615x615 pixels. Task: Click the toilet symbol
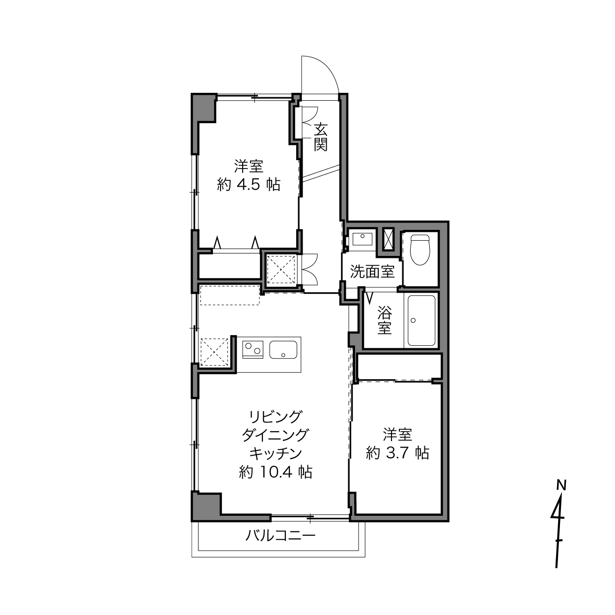tap(419, 250)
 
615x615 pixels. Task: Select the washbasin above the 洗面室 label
tap(363, 239)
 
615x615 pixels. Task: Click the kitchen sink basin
tap(283, 350)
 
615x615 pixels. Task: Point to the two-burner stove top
tap(253, 349)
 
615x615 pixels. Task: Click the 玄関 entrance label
tap(320, 137)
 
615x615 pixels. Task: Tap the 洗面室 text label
tap(372, 272)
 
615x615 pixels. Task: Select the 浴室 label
tap(385, 320)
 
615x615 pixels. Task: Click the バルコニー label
tap(280, 535)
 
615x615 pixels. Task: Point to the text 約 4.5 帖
tap(249, 185)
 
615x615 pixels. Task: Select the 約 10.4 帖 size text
tap(276, 472)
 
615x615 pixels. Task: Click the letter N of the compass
tap(561, 485)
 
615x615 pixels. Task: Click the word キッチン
tap(276, 453)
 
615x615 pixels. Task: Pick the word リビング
tap(276, 417)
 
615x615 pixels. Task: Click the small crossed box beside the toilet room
tap(389, 239)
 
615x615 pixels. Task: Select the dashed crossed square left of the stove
tap(214, 352)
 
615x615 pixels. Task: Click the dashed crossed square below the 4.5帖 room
tap(281, 269)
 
